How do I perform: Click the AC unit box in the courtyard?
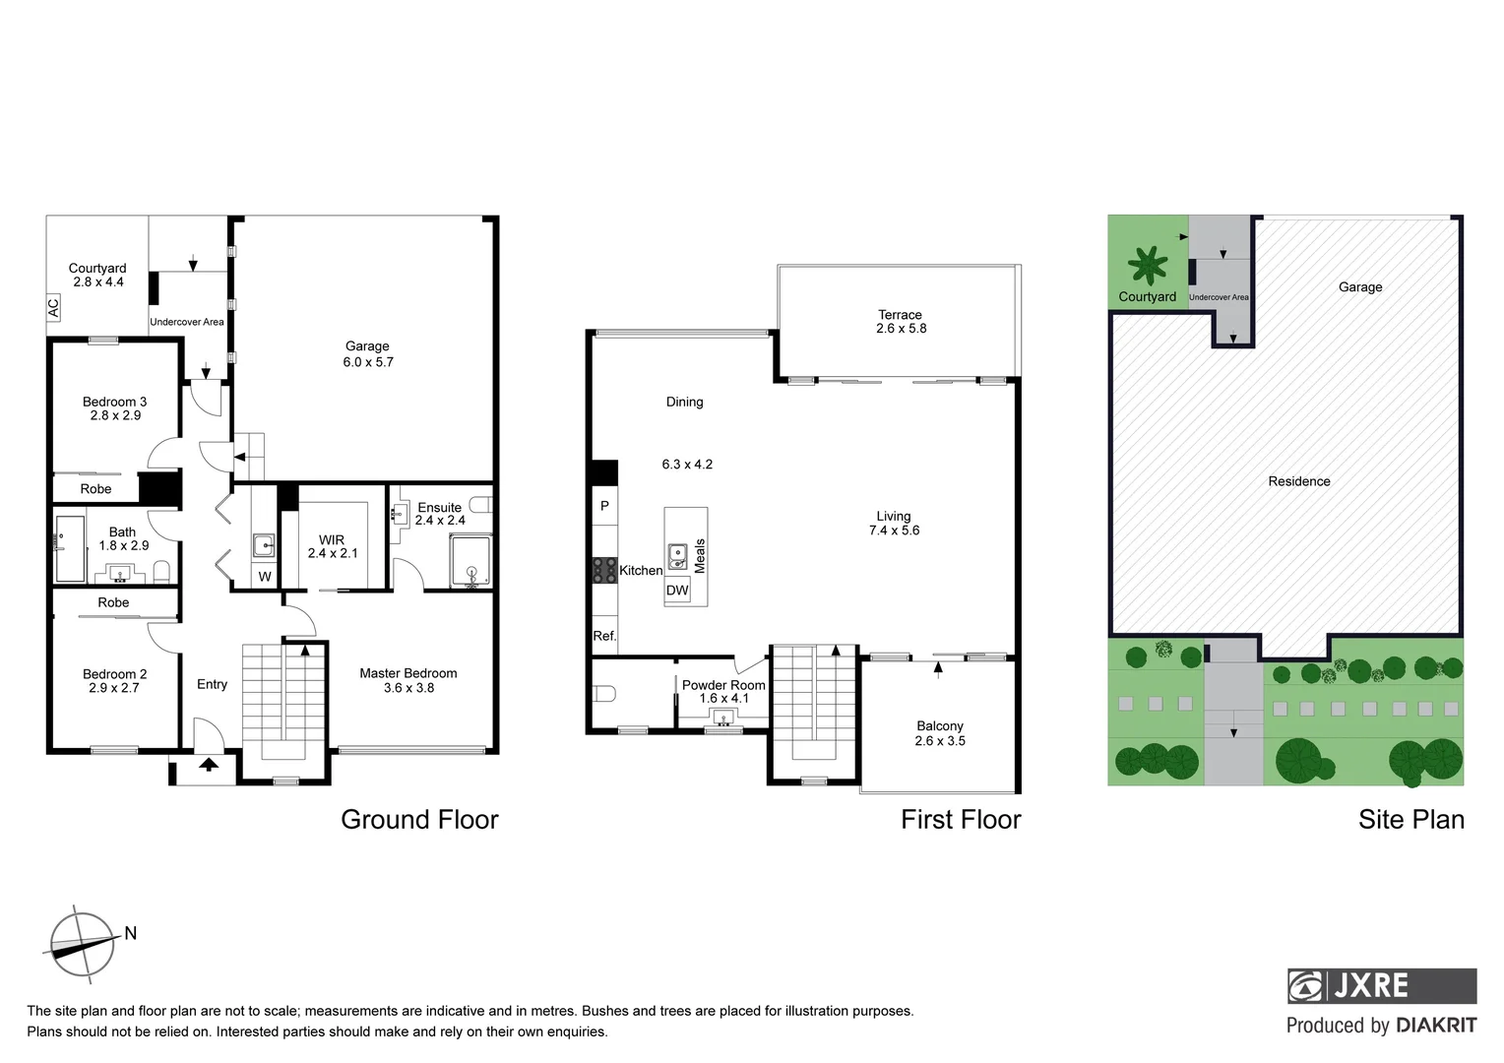[x=54, y=308]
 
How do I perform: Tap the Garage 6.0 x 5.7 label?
[x=368, y=354]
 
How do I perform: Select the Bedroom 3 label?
[x=114, y=408]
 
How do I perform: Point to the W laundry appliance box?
[x=264, y=577]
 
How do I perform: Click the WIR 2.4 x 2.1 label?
[x=332, y=547]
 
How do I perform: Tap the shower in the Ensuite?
[x=470, y=561]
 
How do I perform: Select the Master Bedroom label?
[x=407, y=680]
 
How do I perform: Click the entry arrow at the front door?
[x=209, y=765]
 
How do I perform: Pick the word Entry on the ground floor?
[x=212, y=684]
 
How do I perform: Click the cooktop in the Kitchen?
[x=603, y=571]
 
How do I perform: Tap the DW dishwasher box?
[x=677, y=591]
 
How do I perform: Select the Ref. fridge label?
[x=604, y=636]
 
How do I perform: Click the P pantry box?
[x=604, y=506]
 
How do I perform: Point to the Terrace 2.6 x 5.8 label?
[x=901, y=322]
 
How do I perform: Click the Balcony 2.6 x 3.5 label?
[x=940, y=733]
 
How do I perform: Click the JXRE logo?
[x=1381, y=985]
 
